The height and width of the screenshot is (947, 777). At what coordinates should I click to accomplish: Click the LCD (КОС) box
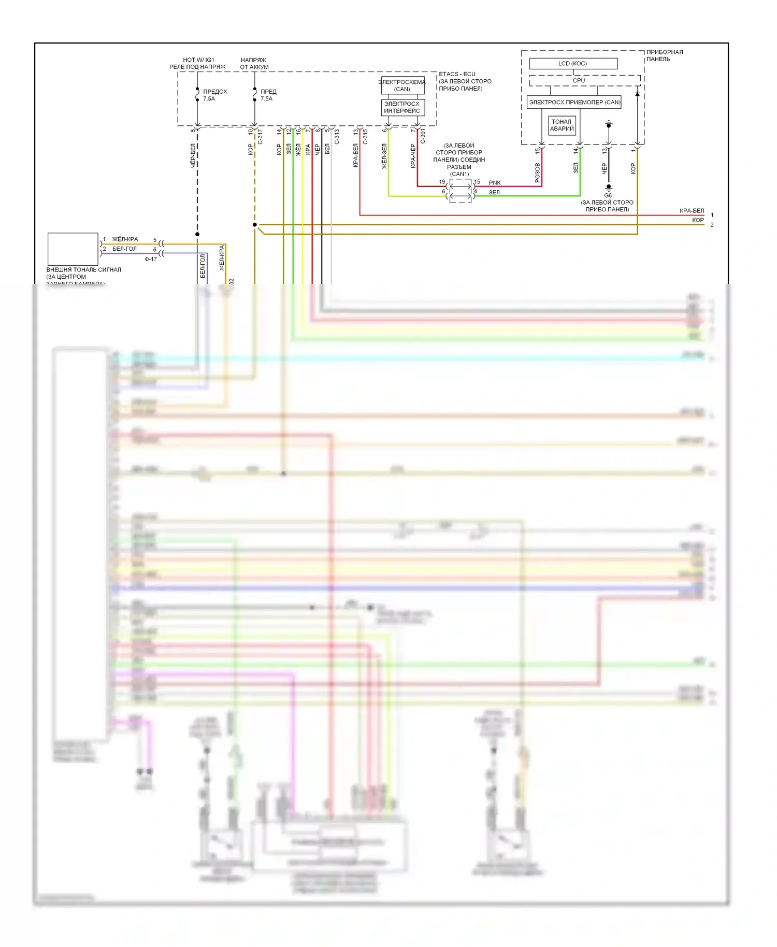(573, 63)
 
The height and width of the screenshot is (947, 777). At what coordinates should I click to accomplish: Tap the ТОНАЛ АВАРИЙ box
(562, 125)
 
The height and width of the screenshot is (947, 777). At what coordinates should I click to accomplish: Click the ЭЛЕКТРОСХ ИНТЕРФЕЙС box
(402, 107)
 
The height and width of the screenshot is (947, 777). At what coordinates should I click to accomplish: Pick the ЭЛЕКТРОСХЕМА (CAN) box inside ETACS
(402, 85)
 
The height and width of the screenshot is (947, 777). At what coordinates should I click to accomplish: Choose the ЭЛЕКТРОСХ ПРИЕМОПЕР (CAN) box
(574, 102)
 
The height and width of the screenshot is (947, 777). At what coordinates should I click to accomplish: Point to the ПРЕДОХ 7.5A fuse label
(215, 95)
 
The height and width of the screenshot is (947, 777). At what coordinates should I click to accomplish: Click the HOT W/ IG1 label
(198, 60)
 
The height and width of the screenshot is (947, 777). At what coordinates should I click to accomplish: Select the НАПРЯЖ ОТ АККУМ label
(254, 63)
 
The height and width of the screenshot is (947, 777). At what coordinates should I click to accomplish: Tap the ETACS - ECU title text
(457, 74)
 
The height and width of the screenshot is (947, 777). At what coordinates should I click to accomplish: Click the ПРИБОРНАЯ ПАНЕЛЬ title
(665, 55)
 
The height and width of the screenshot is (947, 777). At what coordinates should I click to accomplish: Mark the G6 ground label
(608, 195)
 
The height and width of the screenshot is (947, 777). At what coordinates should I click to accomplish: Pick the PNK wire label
(495, 182)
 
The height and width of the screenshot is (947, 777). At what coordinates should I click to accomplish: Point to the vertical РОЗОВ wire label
(537, 172)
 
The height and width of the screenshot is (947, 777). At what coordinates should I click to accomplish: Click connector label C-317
(260, 136)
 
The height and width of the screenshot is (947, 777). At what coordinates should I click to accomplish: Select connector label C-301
(422, 136)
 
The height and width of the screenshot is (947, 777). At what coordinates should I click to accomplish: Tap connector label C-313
(337, 136)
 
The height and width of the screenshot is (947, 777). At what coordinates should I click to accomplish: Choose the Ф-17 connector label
(151, 259)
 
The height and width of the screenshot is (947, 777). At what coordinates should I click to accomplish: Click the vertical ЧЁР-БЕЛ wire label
(193, 155)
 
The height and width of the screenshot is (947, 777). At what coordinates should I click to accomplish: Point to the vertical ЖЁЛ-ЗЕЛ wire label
(384, 156)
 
